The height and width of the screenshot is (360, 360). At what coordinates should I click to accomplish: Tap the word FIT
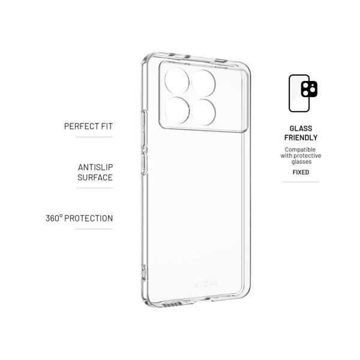107,126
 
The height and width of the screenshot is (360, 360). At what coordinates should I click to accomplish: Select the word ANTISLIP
95,167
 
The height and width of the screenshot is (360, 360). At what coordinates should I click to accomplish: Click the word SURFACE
95,178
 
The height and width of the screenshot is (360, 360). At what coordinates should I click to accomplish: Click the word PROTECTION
88,218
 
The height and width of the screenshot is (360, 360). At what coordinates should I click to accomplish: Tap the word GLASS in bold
301,128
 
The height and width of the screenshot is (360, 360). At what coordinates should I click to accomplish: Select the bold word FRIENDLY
301,138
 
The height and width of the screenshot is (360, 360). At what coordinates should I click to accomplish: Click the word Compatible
300,149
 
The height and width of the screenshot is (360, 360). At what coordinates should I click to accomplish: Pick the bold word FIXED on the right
301,172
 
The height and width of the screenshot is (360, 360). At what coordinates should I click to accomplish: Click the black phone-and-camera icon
303,93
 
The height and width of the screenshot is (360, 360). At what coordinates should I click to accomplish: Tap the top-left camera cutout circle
177,81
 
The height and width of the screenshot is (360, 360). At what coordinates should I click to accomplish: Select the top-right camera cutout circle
203,83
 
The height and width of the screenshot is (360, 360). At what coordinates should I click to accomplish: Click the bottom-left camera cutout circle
177,110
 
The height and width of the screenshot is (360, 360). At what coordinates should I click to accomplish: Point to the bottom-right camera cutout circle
203,112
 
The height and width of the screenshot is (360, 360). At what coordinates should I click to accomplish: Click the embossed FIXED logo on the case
206,284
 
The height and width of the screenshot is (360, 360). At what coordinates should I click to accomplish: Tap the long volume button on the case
144,128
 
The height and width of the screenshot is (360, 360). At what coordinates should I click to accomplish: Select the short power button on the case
145,163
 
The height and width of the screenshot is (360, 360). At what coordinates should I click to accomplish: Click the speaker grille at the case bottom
172,304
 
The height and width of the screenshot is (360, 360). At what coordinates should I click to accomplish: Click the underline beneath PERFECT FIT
94,137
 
